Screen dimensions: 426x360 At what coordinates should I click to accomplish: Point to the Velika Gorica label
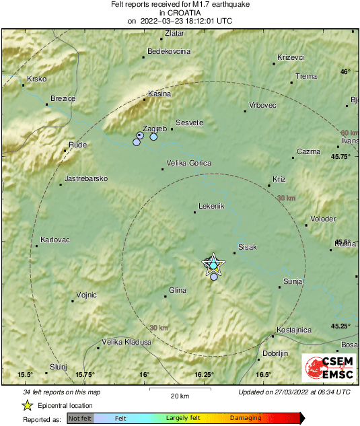189,164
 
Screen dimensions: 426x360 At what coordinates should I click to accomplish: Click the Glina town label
178,289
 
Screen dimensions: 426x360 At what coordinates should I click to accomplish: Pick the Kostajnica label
294,330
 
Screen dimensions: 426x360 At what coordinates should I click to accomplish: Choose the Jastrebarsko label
85,179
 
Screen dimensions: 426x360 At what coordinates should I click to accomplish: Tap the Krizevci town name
291,57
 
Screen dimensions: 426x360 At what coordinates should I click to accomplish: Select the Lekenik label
212,206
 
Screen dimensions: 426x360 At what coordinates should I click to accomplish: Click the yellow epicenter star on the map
213,265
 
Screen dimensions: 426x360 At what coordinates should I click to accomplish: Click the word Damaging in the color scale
246,419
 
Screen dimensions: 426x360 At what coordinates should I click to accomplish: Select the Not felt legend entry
80,419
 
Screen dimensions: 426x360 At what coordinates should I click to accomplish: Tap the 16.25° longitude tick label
204,375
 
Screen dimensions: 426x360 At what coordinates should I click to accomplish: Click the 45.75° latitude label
340,156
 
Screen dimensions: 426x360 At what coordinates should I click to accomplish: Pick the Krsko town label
36,79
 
